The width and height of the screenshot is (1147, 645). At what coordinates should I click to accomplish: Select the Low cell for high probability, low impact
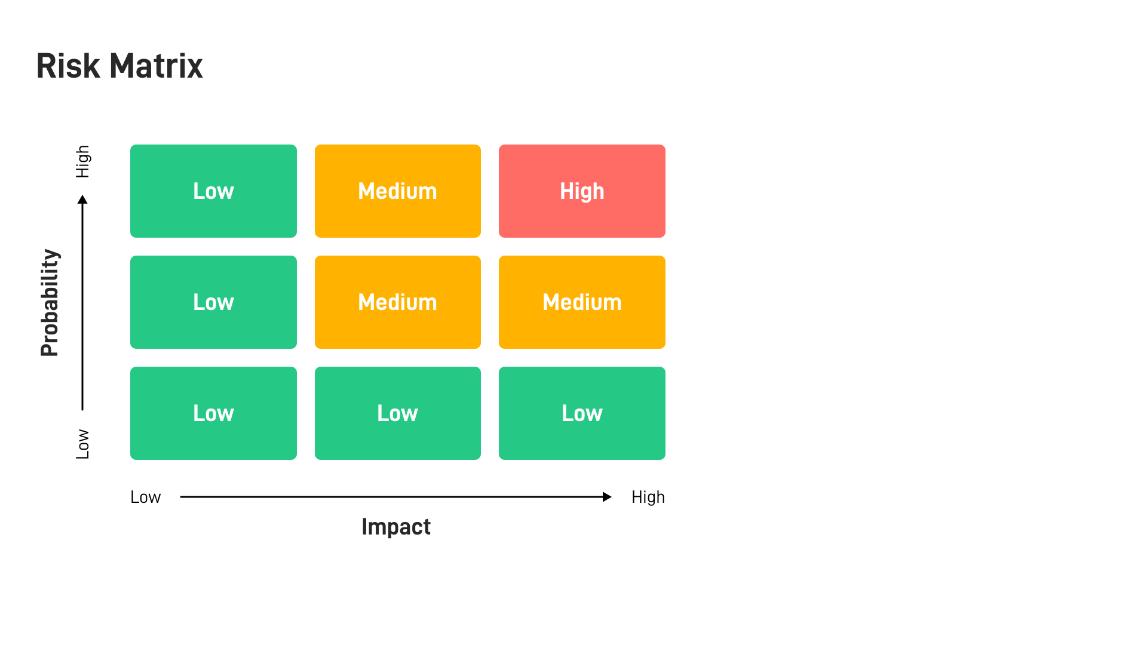tap(213, 191)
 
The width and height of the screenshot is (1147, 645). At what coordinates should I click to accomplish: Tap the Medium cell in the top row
tap(397, 191)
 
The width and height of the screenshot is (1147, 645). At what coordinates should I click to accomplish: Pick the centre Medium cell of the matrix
tap(397, 302)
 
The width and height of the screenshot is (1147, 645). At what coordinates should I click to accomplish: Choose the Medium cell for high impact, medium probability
tap(582, 302)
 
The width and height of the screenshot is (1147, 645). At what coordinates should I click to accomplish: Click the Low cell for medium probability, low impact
tap(213, 302)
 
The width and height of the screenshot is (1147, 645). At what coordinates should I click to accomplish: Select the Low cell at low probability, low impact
tap(213, 413)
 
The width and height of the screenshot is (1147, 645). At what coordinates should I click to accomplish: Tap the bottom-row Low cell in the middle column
tap(397, 413)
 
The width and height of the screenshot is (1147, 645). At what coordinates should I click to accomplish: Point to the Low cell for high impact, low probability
tap(582, 413)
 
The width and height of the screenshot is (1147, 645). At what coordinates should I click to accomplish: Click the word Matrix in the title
tap(157, 66)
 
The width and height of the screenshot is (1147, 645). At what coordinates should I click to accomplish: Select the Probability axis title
tap(50, 303)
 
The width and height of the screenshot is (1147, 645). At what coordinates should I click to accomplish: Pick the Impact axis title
tap(396, 527)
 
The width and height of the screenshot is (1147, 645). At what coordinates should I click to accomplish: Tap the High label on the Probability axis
tap(82, 161)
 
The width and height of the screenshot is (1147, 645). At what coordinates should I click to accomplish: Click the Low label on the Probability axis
tap(82, 444)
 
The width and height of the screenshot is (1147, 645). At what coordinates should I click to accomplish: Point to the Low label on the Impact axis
tap(145, 497)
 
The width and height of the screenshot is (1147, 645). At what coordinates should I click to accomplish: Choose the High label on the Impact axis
tap(648, 497)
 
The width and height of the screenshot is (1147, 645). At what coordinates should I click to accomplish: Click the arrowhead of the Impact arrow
tap(607, 497)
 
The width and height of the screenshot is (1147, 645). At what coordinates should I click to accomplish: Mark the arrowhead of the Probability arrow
tap(82, 199)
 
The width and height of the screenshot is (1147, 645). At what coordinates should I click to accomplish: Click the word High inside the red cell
tap(582, 191)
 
